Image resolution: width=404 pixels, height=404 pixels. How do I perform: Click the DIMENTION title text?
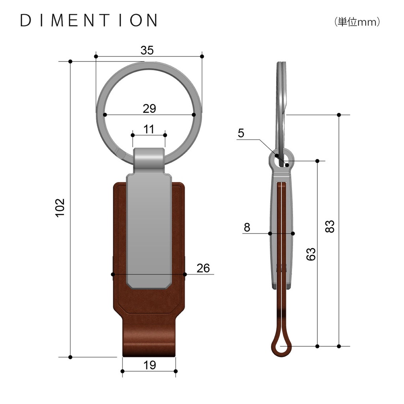(x=89, y=21)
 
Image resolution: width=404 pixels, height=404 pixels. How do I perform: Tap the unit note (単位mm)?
(x=357, y=22)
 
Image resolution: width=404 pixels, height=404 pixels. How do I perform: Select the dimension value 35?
(x=147, y=50)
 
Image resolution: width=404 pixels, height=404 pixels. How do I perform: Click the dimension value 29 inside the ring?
(x=149, y=108)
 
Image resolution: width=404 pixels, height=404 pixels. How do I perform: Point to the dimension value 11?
(x=148, y=129)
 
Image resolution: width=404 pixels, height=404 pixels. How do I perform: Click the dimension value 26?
(x=203, y=268)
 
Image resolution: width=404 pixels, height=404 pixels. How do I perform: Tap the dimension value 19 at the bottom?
(x=149, y=365)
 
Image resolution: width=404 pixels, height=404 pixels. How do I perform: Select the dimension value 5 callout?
(x=241, y=133)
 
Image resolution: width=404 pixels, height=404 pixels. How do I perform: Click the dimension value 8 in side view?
(x=247, y=227)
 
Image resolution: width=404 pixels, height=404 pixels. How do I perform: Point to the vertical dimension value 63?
(x=311, y=254)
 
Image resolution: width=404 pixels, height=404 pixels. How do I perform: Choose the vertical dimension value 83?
(x=330, y=226)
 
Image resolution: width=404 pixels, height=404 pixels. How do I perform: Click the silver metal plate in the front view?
(x=149, y=229)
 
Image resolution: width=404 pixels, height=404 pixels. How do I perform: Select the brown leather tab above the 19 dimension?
(x=149, y=337)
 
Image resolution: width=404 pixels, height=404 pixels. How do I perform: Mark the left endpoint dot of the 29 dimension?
(x=105, y=115)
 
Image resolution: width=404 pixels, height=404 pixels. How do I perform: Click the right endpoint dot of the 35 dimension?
(x=202, y=56)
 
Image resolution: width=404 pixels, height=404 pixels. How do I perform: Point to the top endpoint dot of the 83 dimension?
(x=339, y=115)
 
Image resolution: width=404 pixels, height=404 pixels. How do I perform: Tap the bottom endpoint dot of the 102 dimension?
(x=70, y=357)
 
